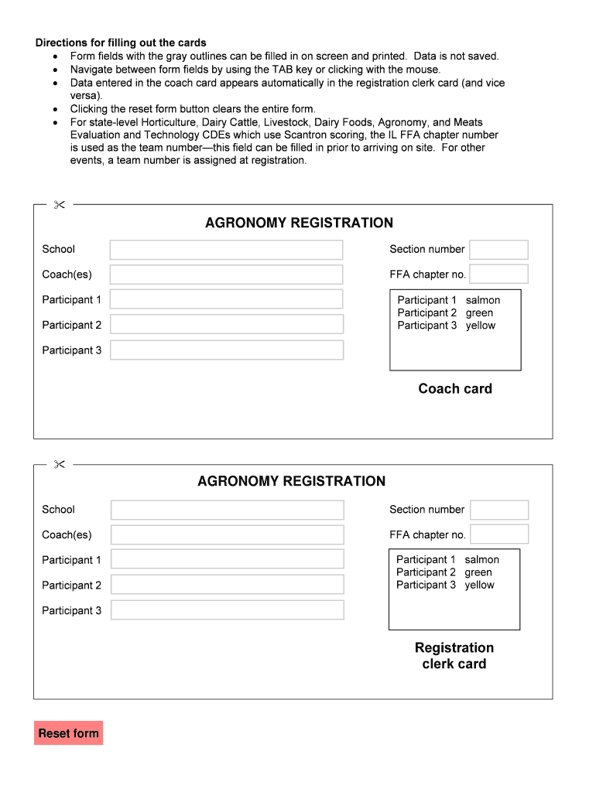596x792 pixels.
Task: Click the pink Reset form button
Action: [x=68, y=733]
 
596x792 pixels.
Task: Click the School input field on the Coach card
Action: [x=226, y=250]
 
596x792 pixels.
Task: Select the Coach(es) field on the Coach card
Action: [x=226, y=275]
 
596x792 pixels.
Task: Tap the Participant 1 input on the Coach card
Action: [x=226, y=299]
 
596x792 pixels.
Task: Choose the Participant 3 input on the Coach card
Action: [x=226, y=350]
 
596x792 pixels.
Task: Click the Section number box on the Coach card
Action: [x=498, y=250]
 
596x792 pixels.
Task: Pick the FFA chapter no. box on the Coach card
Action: [x=498, y=275]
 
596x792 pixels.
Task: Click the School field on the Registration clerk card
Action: [x=227, y=510]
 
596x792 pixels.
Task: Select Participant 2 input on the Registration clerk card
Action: [x=227, y=585]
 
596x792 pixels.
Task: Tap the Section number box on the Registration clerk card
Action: [x=499, y=510]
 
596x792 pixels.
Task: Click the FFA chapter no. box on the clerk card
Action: [x=499, y=534]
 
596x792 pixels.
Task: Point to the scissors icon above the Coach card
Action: [x=59, y=205]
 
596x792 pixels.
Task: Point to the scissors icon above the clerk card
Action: [x=59, y=464]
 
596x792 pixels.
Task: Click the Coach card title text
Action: [x=455, y=389]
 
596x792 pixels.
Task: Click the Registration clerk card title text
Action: [x=454, y=656]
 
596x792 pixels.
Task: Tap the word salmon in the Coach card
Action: [x=483, y=300]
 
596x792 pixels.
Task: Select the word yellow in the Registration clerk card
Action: [x=479, y=585]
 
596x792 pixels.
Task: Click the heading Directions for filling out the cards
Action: [x=121, y=43]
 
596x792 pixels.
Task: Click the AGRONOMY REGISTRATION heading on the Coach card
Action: [x=299, y=224]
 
